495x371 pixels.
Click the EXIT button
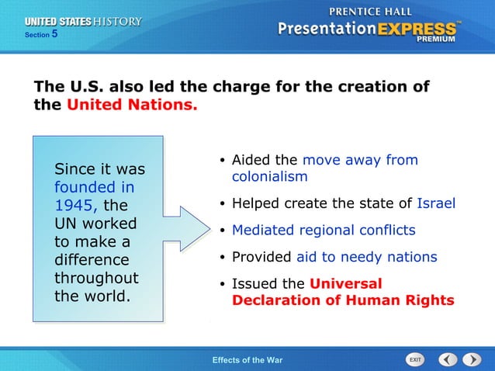416,359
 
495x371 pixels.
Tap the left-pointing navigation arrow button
448,359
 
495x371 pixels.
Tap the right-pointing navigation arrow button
472,359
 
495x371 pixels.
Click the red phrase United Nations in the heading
132,104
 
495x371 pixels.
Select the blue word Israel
435,204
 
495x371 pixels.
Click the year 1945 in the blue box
75,206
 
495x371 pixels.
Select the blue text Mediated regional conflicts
324,231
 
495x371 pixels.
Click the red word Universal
345,283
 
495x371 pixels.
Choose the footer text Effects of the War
247,359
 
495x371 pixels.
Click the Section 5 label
40,35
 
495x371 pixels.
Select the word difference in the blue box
91,260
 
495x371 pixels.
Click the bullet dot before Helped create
222,205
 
